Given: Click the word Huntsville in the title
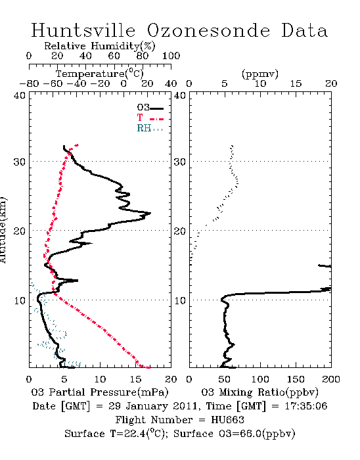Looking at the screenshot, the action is click(83, 30).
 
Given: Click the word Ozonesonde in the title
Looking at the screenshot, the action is click(208, 30).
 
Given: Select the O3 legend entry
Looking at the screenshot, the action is click(150, 108).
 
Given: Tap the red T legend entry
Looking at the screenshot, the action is click(150, 118).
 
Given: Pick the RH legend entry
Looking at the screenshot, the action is click(150, 128).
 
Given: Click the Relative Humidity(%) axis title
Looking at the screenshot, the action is click(100, 46).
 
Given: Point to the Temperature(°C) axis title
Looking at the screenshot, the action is click(100, 74).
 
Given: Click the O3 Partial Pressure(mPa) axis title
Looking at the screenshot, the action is click(100, 392).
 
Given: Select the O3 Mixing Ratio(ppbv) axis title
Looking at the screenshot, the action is click(259, 392).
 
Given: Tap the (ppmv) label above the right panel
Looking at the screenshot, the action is click(259, 74).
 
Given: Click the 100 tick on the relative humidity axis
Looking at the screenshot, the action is click(171, 55).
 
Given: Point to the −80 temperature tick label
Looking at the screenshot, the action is click(29, 83).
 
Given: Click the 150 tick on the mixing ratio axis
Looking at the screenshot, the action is click(296, 379).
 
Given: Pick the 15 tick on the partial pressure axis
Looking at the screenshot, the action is click(135, 379).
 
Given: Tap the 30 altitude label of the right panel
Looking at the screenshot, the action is click(180, 162).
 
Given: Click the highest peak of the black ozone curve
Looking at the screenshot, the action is click(150, 213).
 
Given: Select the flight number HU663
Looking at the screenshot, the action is click(227, 419).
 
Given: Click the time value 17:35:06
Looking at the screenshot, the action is click(306, 405).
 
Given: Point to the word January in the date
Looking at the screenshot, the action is click(147, 406).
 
